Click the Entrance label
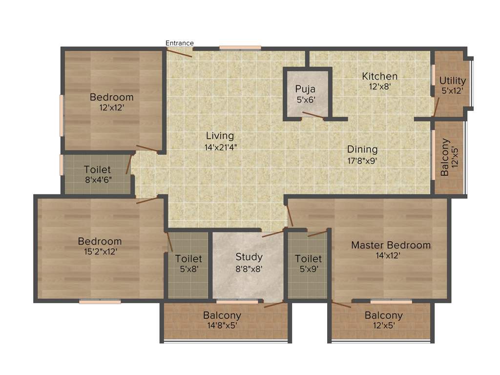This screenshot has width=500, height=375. pos(180,43)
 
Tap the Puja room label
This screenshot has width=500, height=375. pos(305,89)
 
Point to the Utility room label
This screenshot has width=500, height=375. pos(453,81)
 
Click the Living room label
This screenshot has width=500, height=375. pos(220,136)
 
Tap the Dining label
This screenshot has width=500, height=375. pos(362,149)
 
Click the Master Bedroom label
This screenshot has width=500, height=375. pos(391,245)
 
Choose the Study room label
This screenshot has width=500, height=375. pos(249,257)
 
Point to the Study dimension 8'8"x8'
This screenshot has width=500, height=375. pos(249,268)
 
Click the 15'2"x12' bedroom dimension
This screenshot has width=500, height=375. pos(100,252)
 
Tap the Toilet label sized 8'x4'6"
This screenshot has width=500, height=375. pos(97,170)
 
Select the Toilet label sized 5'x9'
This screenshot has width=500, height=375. pos(308,258)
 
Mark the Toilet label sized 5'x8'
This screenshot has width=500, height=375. pos(188,258)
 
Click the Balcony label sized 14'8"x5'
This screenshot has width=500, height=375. pos(222,315)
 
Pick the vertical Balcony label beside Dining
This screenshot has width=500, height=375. pos(445,157)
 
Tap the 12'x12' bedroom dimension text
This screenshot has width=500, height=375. pos(111,108)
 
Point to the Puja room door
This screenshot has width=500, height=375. pos(312,115)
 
